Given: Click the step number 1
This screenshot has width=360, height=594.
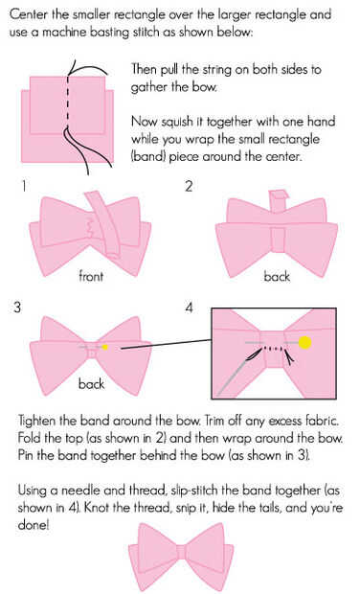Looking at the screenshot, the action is tap(24, 187).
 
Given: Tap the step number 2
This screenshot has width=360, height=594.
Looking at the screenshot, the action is tap(189, 187).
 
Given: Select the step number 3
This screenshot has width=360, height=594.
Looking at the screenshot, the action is tap(17, 307).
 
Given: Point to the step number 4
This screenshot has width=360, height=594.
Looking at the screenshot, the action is tap(190, 307).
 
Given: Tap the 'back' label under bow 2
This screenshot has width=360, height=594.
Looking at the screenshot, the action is tap(277, 276).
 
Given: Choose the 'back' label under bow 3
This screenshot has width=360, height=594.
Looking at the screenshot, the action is tap(91, 384).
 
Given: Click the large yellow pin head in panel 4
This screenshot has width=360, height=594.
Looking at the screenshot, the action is tap(304, 342).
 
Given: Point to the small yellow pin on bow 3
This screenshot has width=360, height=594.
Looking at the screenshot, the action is tap(105, 347).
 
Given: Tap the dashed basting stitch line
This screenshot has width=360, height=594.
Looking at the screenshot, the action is tap(68, 103).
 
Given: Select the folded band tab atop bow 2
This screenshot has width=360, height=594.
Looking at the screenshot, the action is tap(279, 199).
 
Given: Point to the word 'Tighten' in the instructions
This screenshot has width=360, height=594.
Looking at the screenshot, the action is tap(37, 422).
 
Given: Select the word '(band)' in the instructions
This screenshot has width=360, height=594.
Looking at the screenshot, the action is tap(148, 156).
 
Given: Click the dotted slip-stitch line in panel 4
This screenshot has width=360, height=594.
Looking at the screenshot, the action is tap(273, 348).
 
